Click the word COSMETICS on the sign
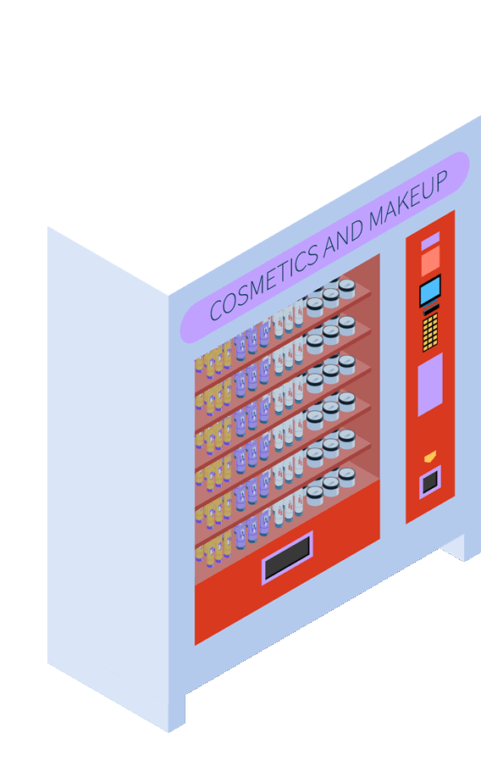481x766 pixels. [263, 282]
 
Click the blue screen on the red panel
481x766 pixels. [430, 291]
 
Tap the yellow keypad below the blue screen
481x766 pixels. [430, 331]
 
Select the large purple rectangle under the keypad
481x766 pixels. [430, 385]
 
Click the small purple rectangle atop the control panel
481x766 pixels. [430, 241]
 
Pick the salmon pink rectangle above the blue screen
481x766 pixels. [430, 261]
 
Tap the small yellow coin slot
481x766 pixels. [429, 457]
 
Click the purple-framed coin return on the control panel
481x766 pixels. [430, 482]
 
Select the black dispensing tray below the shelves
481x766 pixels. [287, 558]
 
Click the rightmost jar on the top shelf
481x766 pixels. [346, 288]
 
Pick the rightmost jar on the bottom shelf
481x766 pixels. [346, 477]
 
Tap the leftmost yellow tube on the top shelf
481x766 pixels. [199, 365]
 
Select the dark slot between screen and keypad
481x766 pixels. [431, 308]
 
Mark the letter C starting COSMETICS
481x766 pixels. [216, 310]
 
